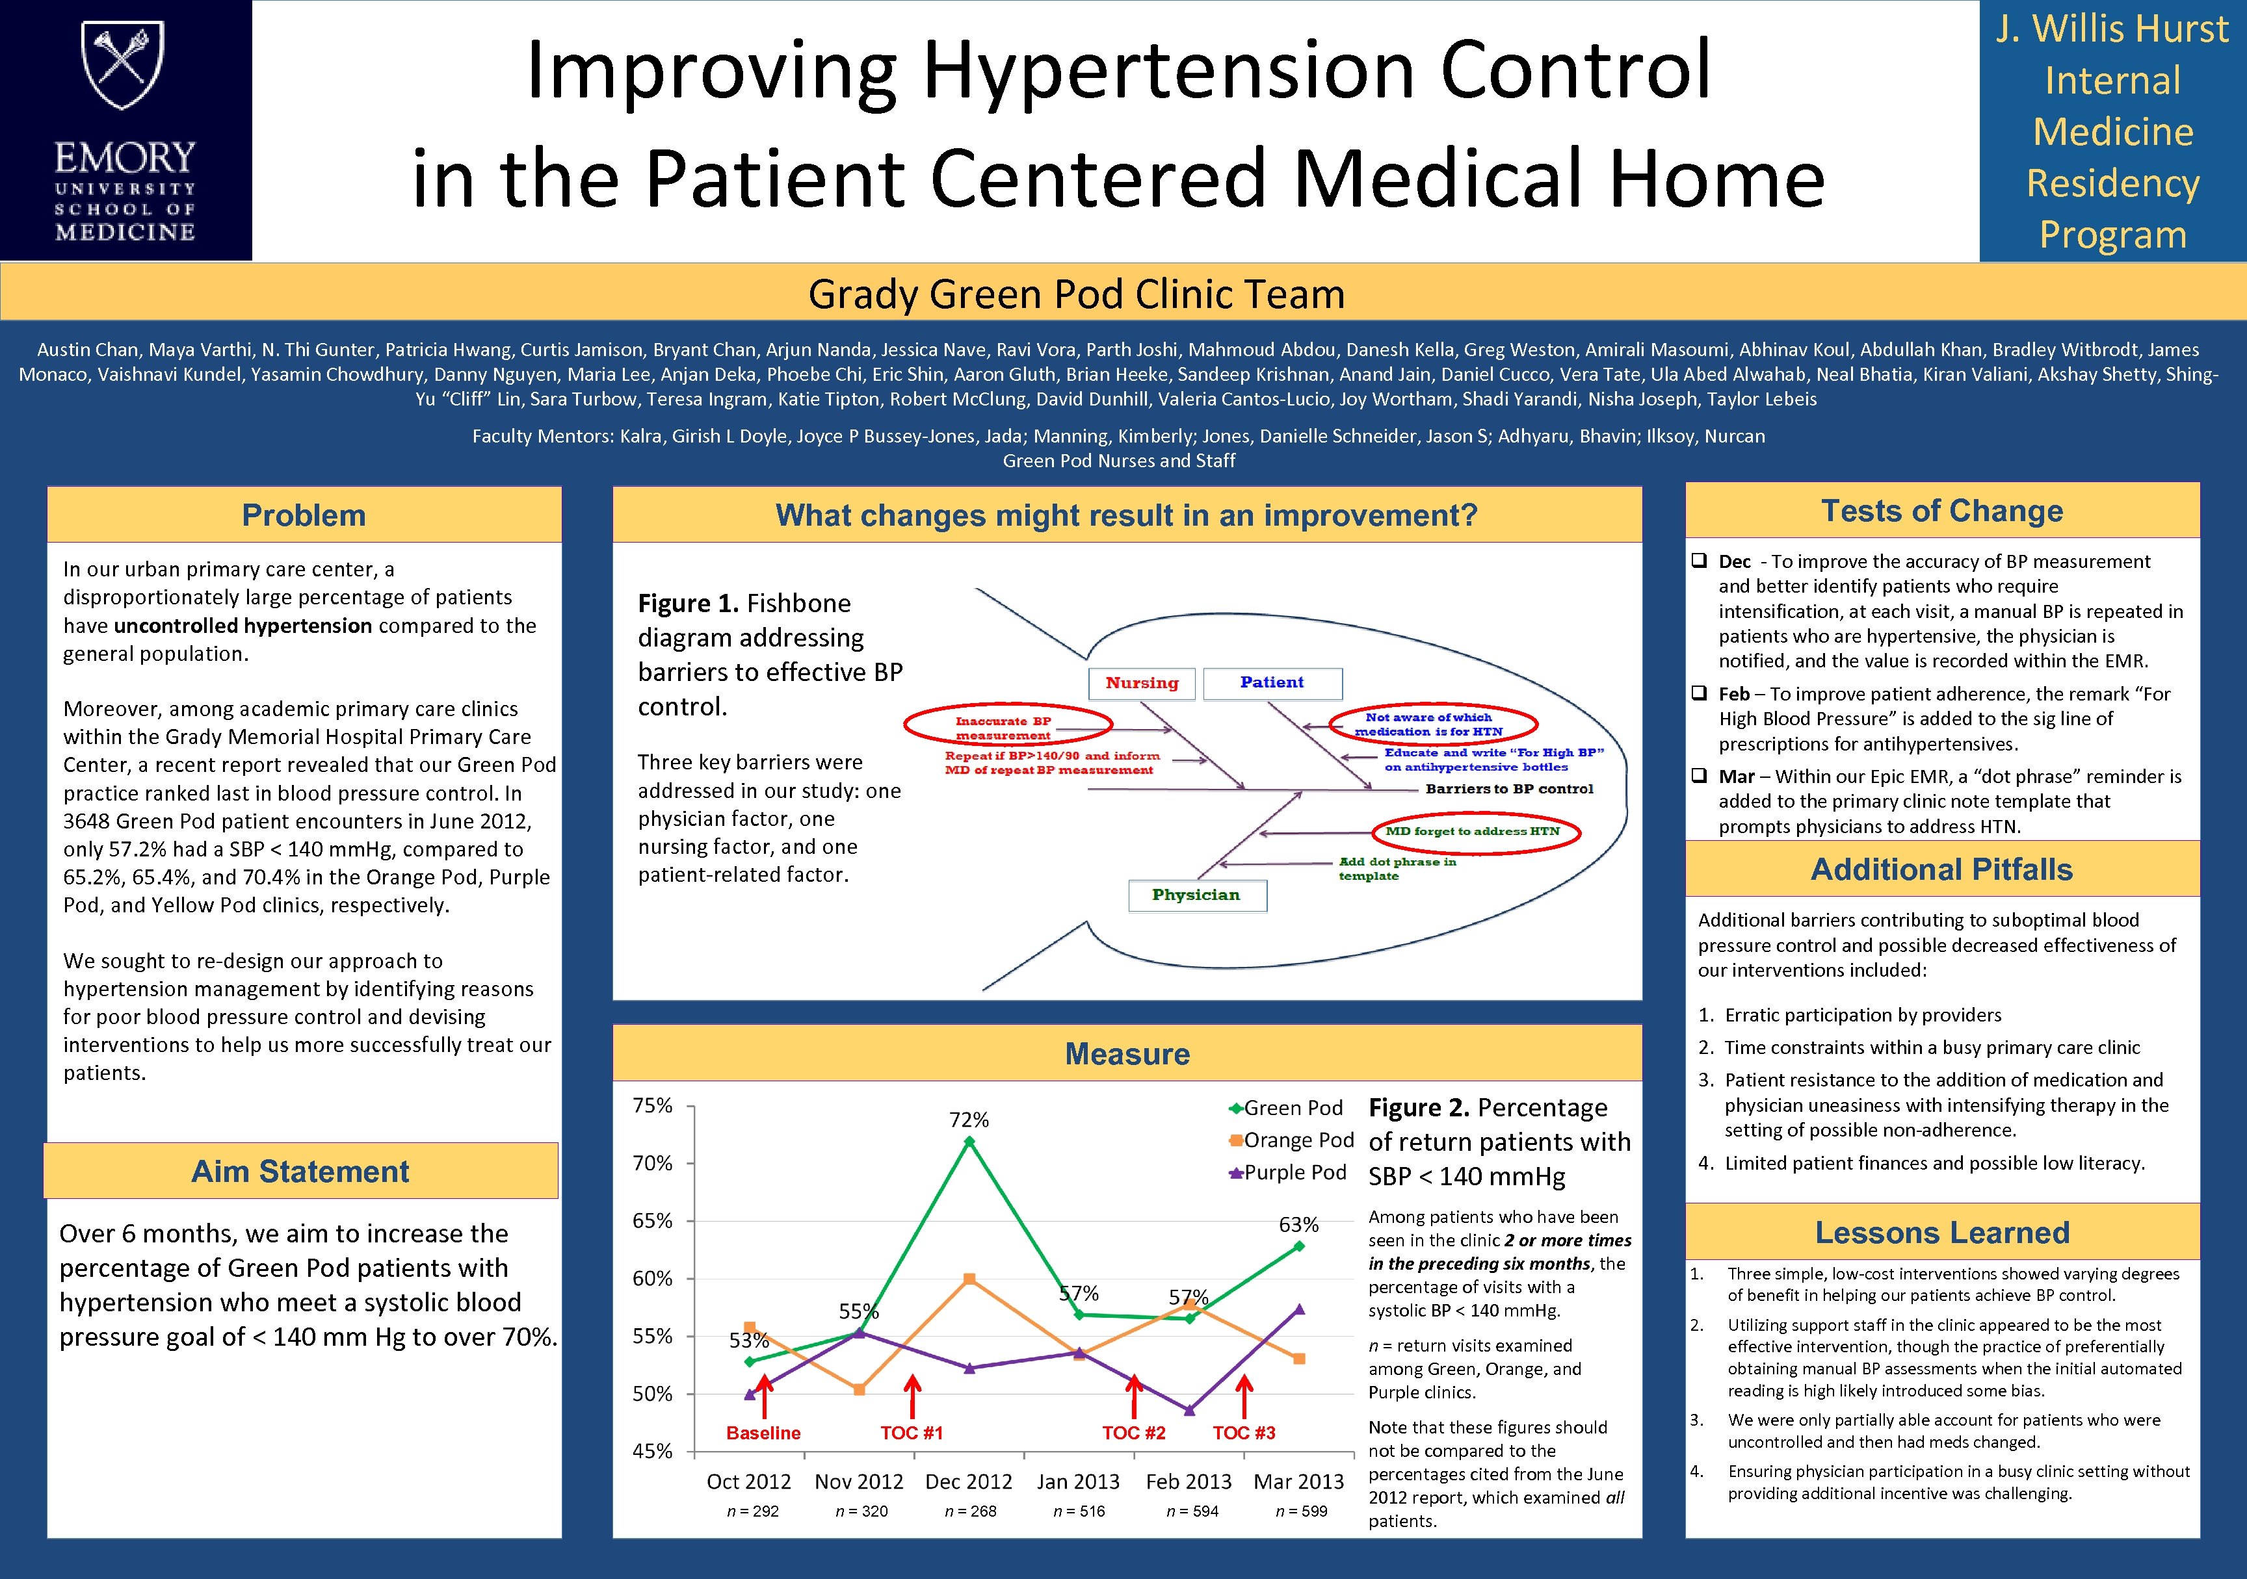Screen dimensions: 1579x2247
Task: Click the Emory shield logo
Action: (x=124, y=66)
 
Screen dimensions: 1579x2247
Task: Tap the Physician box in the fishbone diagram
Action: (x=1196, y=895)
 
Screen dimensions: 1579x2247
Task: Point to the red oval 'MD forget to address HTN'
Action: (x=1472, y=832)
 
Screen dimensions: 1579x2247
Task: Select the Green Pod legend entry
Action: (x=1286, y=1107)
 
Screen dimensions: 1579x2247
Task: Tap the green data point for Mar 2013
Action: (x=1298, y=1246)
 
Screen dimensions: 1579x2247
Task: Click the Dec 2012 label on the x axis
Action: (x=969, y=1481)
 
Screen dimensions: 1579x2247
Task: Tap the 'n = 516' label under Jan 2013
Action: (x=1079, y=1511)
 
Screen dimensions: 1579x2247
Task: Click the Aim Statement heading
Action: (x=300, y=1171)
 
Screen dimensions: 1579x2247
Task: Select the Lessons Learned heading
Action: (x=1941, y=1233)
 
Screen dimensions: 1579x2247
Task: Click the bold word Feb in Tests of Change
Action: (x=1734, y=693)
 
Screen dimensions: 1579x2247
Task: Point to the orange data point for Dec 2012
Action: (x=969, y=1279)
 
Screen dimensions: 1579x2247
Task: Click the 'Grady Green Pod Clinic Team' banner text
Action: (x=1077, y=294)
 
